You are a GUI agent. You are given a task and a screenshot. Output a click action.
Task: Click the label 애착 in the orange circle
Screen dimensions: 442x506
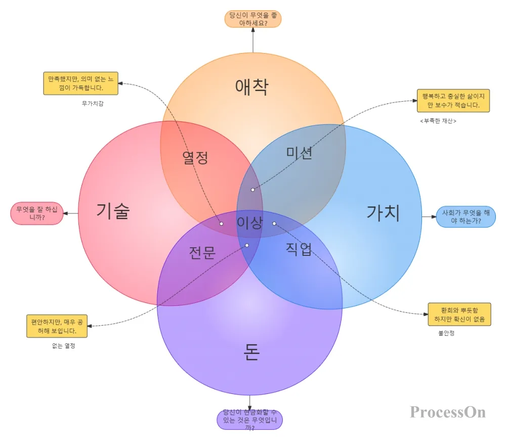pos(251,87)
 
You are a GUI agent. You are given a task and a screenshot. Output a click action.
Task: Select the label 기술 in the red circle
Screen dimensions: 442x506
pos(113,210)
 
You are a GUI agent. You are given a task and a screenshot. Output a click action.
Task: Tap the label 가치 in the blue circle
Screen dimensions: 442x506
pos(383,213)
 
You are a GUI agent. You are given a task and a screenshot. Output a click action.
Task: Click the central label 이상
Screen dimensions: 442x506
pos(250,223)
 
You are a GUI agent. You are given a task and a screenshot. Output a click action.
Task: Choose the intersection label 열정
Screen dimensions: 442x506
pos(195,158)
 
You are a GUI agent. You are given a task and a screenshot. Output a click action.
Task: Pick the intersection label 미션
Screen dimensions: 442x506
pos(299,152)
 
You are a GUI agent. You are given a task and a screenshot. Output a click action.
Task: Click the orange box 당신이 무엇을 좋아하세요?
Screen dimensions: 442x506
pos(253,19)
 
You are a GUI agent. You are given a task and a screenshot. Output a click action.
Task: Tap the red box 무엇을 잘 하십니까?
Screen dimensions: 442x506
pos(36,213)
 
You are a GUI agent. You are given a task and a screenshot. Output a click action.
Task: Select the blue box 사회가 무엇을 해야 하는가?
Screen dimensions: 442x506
pos(466,217)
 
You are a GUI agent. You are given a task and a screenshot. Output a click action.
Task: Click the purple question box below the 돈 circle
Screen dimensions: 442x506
pos(249,420)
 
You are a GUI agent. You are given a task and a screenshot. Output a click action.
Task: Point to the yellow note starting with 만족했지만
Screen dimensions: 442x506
pos(81,83)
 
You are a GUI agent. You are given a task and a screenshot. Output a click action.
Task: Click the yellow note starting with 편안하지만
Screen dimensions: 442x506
pos(57,326)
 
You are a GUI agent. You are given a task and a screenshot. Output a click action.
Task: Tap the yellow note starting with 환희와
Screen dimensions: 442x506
pos(459,314)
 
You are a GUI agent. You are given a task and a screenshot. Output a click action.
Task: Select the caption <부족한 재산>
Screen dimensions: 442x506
pos(438,121)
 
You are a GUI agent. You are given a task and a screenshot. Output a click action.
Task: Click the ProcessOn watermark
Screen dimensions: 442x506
pos(448,412)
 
